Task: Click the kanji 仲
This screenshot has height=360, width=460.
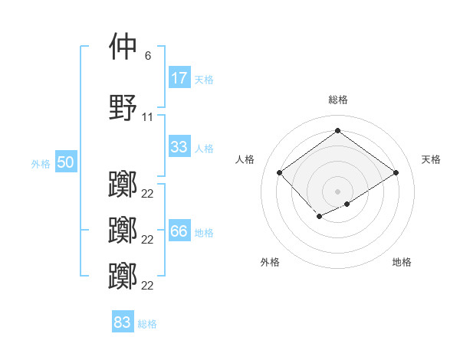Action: click(123, 47)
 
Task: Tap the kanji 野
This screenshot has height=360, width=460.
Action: click(123, 108)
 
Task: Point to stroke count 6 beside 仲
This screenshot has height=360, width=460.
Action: click(147, 56)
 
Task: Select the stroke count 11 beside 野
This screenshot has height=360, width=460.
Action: click(147, 117)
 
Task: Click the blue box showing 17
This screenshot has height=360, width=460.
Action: click(179, 78)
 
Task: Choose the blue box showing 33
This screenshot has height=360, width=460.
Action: click(179, 147)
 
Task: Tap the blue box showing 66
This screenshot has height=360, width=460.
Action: click(179, 231)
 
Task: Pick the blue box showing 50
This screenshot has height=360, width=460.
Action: click(65, 163)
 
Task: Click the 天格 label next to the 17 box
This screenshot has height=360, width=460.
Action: click(204, 79)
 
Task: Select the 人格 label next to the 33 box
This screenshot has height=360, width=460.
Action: click(204, 148)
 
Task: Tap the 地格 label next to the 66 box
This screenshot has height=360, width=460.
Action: click(204, 232)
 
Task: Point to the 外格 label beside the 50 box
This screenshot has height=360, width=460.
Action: click(41, 164)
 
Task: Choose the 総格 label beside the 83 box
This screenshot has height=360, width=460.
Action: click(147, 323)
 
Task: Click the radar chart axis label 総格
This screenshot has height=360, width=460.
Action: click(337, 100)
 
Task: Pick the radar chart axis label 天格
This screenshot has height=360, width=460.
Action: click(431, 159)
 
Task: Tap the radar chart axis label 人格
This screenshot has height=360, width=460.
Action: click(245, 159)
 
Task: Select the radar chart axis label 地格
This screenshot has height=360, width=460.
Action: click(402, 262)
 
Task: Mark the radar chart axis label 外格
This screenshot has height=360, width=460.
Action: click(270, 262)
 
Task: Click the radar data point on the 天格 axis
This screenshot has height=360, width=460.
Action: click(396, 172)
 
